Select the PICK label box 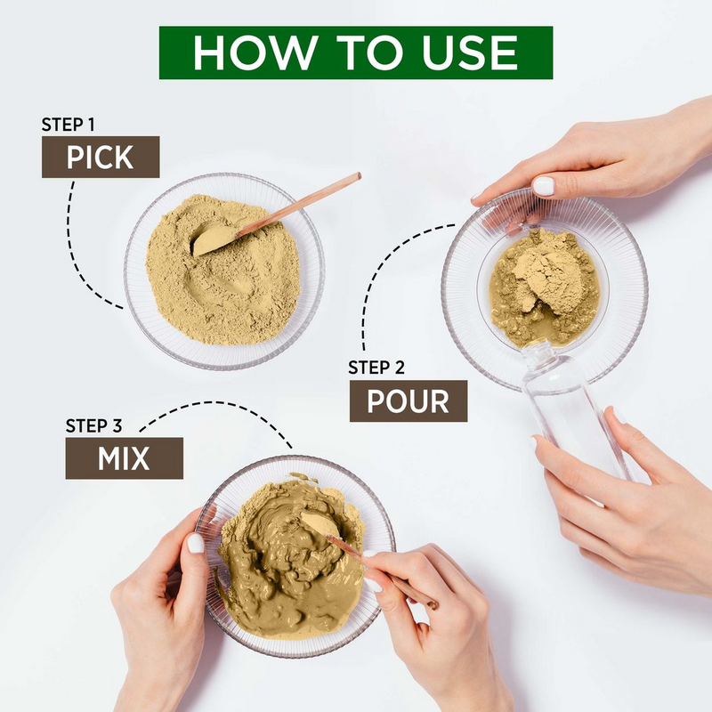[100, 158]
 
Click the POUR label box [408, 400]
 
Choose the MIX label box [124, 458]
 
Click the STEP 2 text [381, 367]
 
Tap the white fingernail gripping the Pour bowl [543, 186]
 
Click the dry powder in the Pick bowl [222, 285]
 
